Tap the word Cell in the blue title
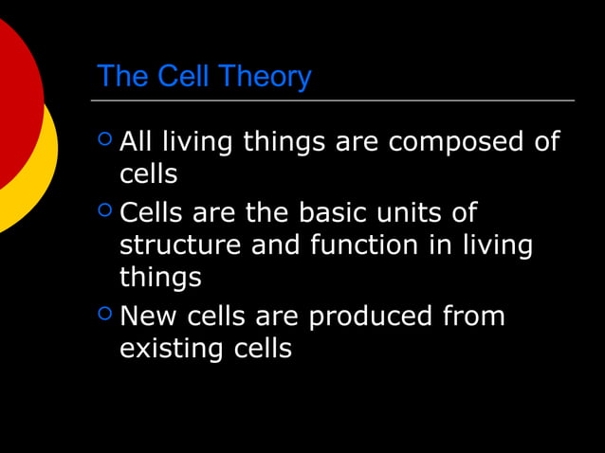[x=183, y=76]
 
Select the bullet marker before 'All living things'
[x=104, y=140]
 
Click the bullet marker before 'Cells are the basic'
[x=104, y=210]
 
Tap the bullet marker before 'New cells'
[x=104, y=314]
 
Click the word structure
[x=180, y=245]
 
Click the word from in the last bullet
[x=474, y=316]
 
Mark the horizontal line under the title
[x=332, y=100]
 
